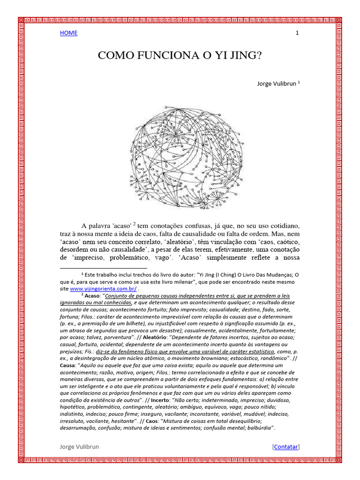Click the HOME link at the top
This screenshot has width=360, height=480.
click(x=68, y=33)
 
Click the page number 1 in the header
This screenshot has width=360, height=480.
click(x=297, y=33)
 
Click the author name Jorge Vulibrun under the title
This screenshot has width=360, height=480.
click(x=277, y=84)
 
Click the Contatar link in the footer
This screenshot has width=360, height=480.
click(x=285, y=447)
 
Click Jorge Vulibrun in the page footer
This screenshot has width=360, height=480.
click(x=79, y=447)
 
